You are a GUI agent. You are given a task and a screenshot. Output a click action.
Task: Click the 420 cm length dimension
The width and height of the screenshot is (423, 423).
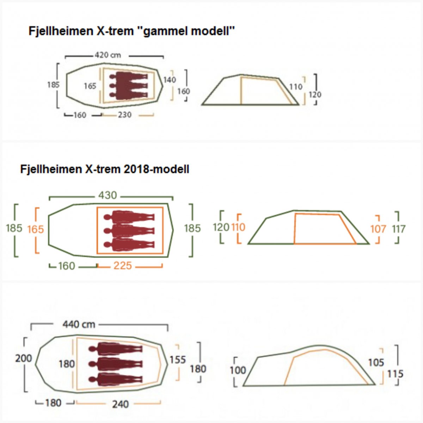point(108,55)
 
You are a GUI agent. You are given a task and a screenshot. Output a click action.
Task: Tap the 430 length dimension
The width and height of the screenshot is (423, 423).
point(108,195)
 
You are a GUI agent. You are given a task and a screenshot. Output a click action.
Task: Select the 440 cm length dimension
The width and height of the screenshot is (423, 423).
point(79,324)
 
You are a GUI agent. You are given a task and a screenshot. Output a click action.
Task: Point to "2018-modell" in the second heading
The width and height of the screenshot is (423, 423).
point(156,169)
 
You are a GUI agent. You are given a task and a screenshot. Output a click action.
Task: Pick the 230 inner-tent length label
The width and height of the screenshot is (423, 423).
point(124,115)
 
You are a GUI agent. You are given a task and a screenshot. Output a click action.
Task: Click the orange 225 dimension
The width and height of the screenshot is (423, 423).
point(122,266)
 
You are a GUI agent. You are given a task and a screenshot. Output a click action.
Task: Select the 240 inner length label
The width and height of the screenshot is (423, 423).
point(120,404)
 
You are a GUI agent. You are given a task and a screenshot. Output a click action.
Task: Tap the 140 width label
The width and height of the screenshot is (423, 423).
point(169,80)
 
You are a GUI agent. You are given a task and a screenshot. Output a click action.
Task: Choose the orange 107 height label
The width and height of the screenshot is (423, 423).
point(378,229)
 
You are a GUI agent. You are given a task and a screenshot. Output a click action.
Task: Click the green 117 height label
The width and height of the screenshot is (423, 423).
point(399,229)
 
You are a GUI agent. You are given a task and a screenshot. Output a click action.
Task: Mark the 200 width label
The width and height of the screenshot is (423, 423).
point(24,358)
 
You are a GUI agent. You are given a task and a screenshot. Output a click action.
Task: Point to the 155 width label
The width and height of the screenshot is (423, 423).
point(177,360)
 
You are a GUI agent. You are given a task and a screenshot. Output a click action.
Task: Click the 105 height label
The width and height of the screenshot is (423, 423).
point(376,362)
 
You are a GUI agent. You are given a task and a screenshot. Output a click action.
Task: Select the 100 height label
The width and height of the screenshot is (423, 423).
point(238,370)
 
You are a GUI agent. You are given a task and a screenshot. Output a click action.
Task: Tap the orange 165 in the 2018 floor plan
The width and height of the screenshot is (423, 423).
point(36,229)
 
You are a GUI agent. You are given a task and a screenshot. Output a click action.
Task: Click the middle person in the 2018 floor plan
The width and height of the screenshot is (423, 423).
point(129,231)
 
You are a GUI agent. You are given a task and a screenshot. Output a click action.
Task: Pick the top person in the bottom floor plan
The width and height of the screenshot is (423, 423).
point(116,349)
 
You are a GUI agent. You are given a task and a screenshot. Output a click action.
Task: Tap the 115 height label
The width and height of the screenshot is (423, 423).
point(395,374)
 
